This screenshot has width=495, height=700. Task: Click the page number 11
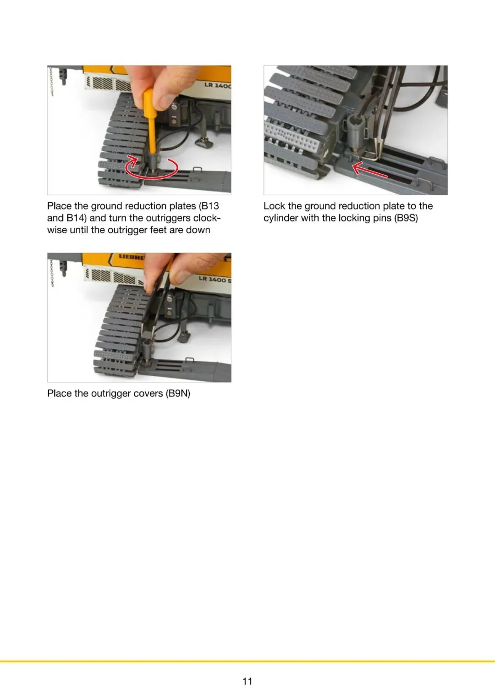pyautogui.click(x=247, y=681)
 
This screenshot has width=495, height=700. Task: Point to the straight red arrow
pyautogui.click(x=369, y=171)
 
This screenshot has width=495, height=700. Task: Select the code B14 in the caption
pyautogui.click(x=76, y=218)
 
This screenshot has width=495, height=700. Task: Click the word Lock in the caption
pyautogui.click(x=274, y=206)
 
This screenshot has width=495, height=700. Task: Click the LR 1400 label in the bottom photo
pyautogui.click(x=214, y=279)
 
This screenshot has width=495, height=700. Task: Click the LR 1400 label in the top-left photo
pyautogui.click(x=218, y=85)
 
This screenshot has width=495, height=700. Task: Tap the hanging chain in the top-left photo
pyautogui.click(x=51, y=82)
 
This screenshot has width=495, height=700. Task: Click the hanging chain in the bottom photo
pyautogui.click(x=52, y=272)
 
